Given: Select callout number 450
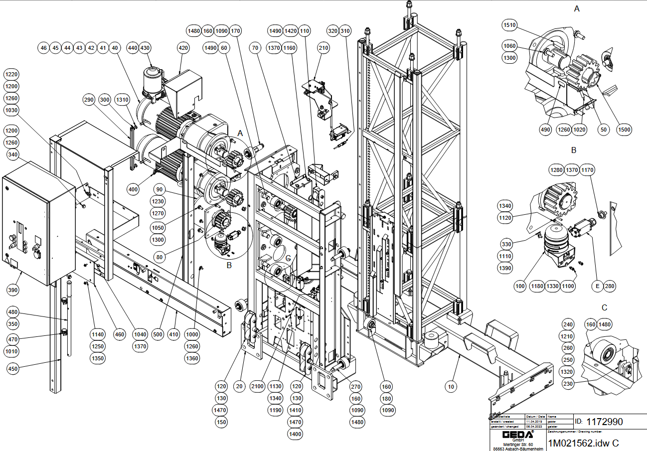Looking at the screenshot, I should click(14, 368).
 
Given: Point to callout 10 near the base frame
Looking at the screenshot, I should click(451, 386).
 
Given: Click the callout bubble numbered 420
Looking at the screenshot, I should click(183, 48).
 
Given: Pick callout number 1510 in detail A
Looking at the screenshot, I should click(509, 25).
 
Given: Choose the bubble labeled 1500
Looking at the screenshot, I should click(624, 130).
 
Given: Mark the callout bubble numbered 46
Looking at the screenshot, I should click(44, 48).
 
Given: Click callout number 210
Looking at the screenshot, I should click(323, 48).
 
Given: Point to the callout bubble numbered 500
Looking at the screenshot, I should click(158, 334).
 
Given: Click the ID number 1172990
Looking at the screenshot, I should click(604, 422).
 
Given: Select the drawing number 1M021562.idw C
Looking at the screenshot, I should click(583, 443).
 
